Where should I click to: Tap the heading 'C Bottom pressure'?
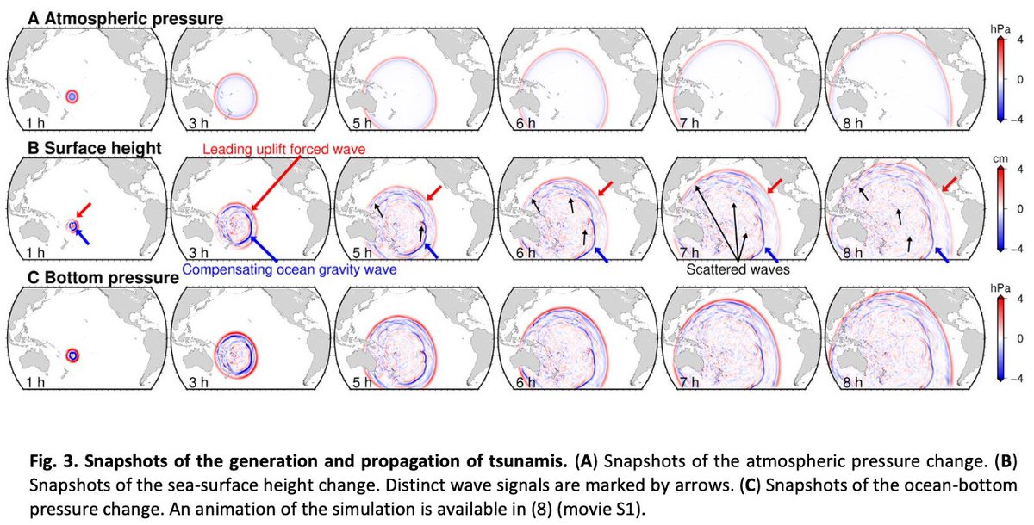(x=97, y=277)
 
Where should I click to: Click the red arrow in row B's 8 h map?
(x=949, y=185)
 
